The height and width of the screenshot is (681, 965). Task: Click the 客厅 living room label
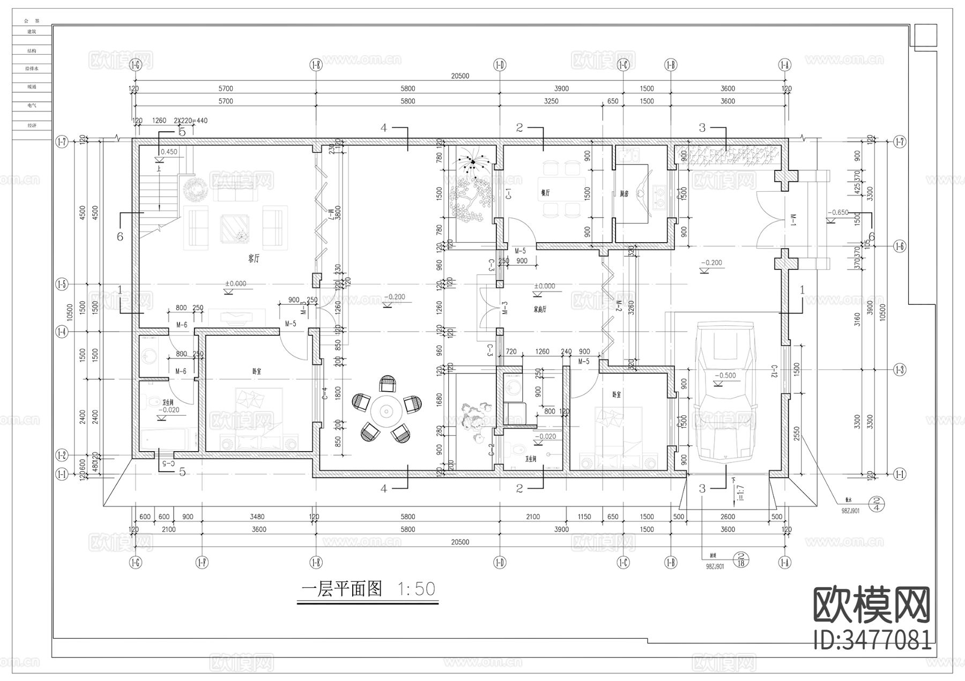[254, 259]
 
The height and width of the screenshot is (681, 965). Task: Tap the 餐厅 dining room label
[546, 193]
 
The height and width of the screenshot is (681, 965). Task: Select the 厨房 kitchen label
[624, 194]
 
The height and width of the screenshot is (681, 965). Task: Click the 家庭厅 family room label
[540, 310]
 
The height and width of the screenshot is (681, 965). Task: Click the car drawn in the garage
[724, 391]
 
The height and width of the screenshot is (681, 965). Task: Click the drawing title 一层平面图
[342, 589]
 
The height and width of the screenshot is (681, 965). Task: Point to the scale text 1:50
[417, 589]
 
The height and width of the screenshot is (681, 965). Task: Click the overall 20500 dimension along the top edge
[460, 76]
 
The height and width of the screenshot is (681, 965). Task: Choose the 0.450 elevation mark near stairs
[169, 152]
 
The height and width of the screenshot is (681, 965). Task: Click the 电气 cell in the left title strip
[32, 106]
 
